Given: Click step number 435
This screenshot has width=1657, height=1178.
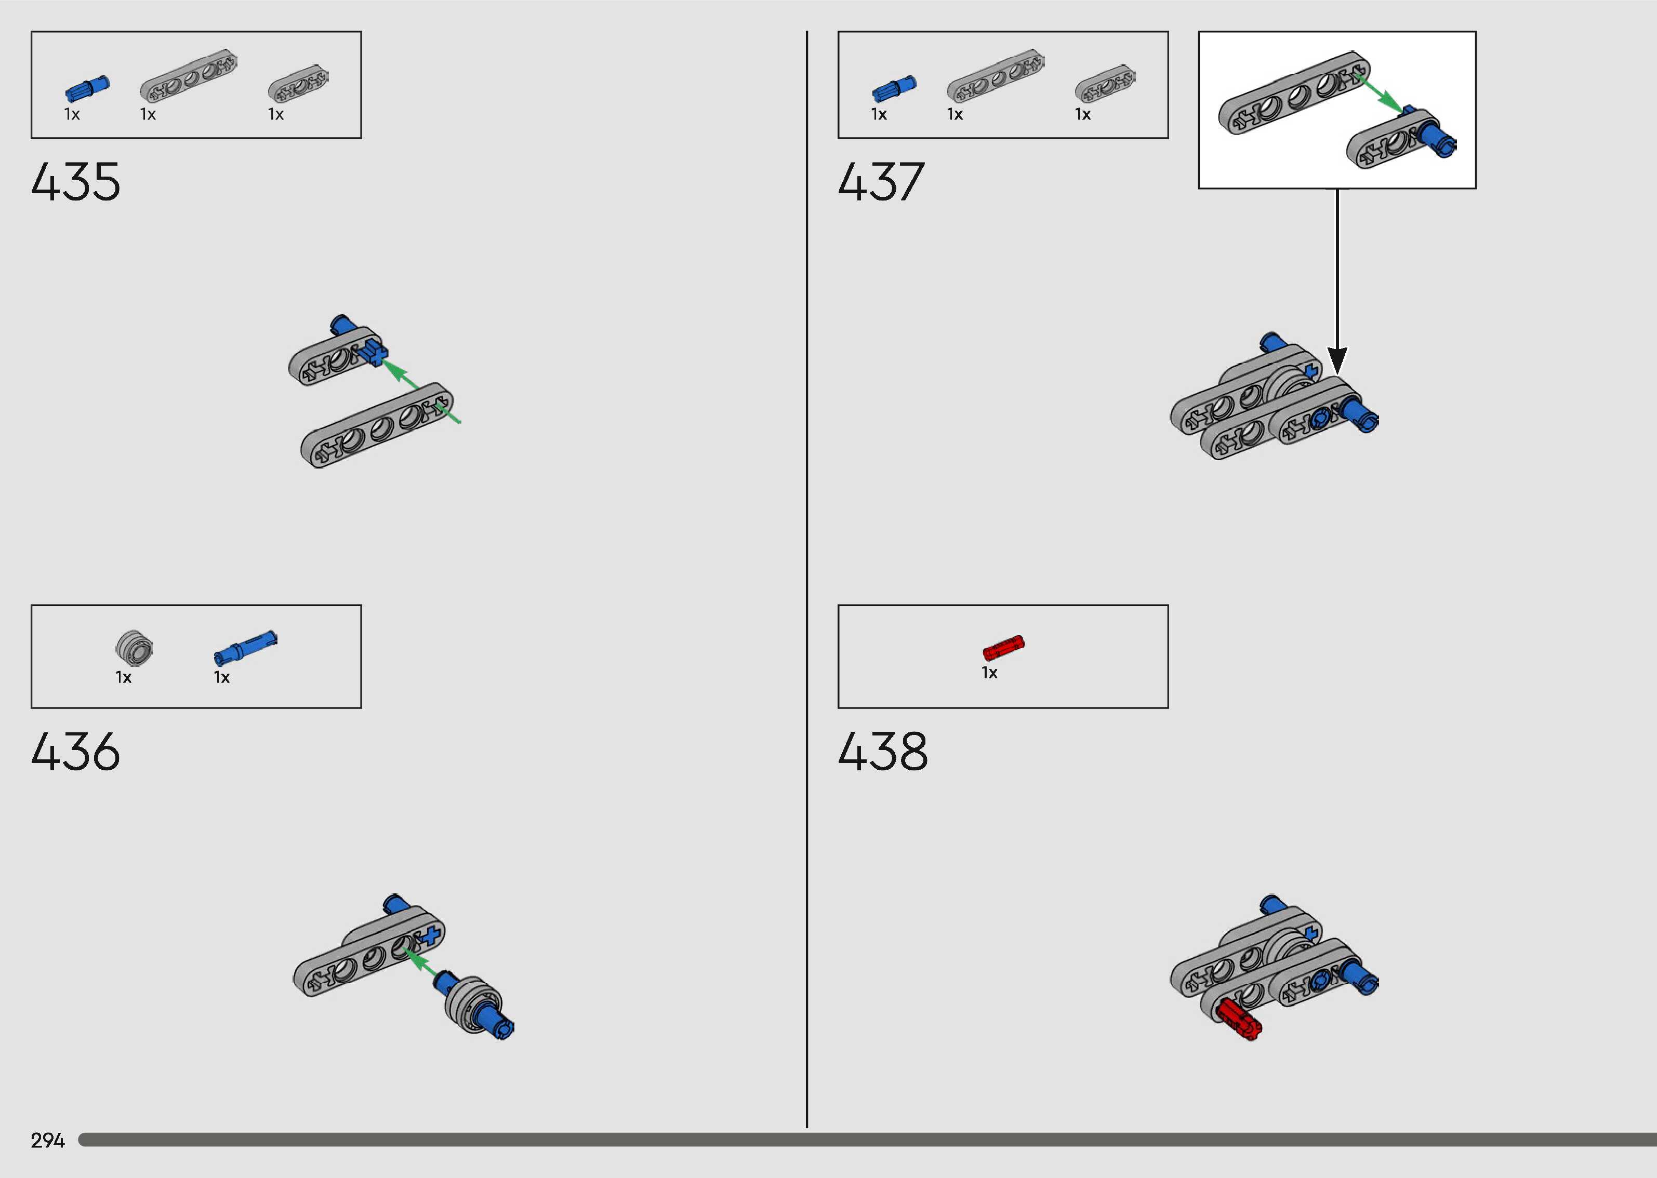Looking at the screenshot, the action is [x=75, y=181].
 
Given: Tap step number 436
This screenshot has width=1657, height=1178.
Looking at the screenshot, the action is [x=75, y=752].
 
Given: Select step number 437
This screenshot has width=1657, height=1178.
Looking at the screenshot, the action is [x=881, y=181].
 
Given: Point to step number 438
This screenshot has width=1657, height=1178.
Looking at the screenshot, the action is [x=882, y=752].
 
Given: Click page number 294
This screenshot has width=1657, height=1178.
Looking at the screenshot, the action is [x=48, y=1140].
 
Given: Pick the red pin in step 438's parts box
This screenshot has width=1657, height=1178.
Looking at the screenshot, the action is [x=1003, y=647].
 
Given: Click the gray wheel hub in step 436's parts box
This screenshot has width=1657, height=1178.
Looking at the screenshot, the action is [x=134, y=648].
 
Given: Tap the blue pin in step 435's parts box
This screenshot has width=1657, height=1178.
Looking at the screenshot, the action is [x=87, y=88].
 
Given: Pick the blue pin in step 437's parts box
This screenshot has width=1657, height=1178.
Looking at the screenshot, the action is [x=894, y=88].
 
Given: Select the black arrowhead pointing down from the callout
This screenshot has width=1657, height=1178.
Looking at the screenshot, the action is [x=1337, y=360].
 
